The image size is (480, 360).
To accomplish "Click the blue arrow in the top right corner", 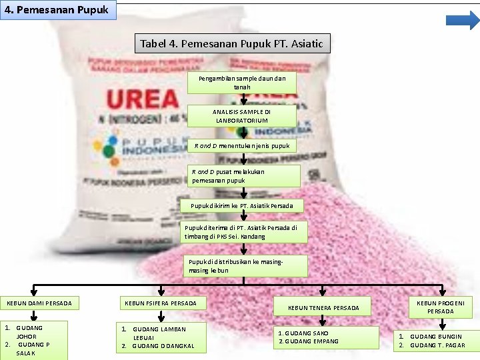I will pos(463,20).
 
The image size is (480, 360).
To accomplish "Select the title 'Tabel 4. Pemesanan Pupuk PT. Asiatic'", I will pos(231,44).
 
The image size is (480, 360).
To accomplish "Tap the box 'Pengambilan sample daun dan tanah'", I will pos(242,83).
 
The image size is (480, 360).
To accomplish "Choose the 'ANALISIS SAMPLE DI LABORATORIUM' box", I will pos(242,116).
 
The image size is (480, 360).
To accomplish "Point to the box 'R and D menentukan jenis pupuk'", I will pos(242,145).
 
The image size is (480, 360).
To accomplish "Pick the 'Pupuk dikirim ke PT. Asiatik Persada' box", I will pos(246,205).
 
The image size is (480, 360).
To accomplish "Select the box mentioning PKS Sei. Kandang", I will pos(245,231).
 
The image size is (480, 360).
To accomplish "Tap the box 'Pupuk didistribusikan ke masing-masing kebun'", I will pos(246,265).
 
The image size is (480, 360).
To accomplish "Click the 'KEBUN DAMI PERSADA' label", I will pos(39,303).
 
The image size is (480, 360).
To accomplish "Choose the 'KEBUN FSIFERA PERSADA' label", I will pos(161,303).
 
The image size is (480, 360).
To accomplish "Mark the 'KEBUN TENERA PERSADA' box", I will pos(324,307).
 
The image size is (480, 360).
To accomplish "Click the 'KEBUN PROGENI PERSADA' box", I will pos(441,307).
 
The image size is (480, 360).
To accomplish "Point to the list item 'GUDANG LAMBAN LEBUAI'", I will pos(159,333).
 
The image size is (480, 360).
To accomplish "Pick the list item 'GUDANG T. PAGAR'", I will pos(437,345).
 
